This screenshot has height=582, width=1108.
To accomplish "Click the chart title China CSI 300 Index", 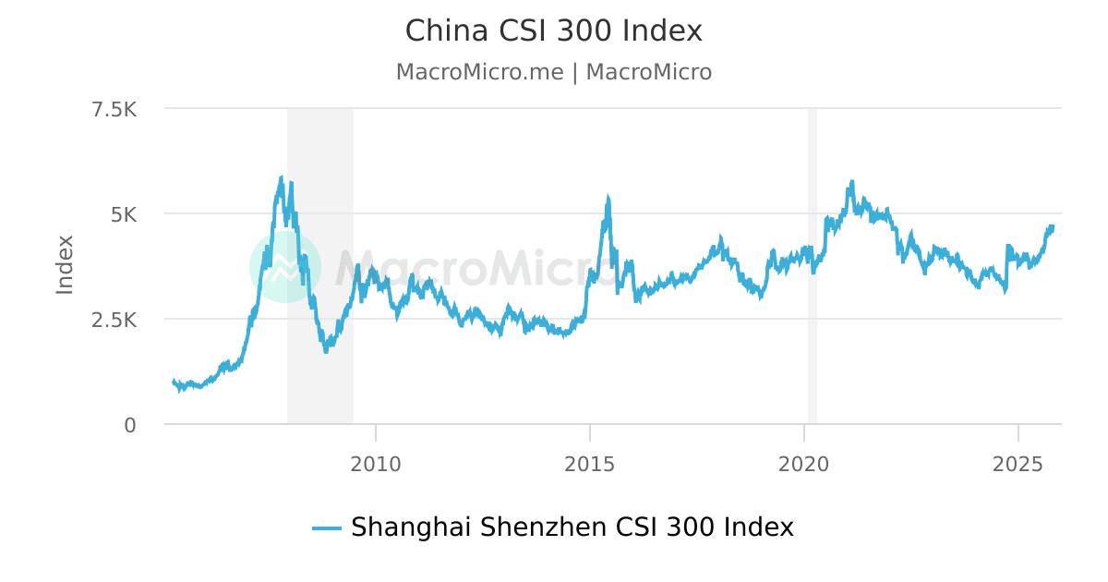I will click(x=554, y=31).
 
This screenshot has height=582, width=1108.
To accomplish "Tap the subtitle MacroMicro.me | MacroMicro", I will click(x=554, y=72).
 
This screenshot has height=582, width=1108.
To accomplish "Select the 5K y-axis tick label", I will click(x=124, y=214).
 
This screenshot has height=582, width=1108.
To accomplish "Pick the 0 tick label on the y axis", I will click(x=130, y=425).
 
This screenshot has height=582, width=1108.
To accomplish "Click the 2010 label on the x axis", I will click(x=376, y=464).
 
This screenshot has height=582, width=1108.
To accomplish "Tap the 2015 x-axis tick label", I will click(x=590, y=464).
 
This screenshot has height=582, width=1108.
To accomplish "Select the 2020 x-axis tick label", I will click(x=804, y=464).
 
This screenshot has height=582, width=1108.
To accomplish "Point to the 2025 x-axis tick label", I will click(x=1018, y=464).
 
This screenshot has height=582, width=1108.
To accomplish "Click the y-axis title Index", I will click(x=65, y=265).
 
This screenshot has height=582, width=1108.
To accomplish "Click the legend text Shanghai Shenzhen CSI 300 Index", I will click(x=572, y=527).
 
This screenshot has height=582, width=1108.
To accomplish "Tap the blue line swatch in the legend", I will click(x=327, y=528).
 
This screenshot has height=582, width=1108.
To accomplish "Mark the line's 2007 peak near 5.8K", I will click(x=282, y=177).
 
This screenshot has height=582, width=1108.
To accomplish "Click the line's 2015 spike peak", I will click(x=608, y=197).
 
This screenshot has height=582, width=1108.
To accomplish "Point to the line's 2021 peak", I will click(x=851, y=182).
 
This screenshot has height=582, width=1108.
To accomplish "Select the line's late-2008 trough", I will click(x=326, y=351).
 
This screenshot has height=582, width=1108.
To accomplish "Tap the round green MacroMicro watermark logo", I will click(x=285, y=266).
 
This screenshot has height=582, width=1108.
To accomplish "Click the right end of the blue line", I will click(x=1052, y=226).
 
